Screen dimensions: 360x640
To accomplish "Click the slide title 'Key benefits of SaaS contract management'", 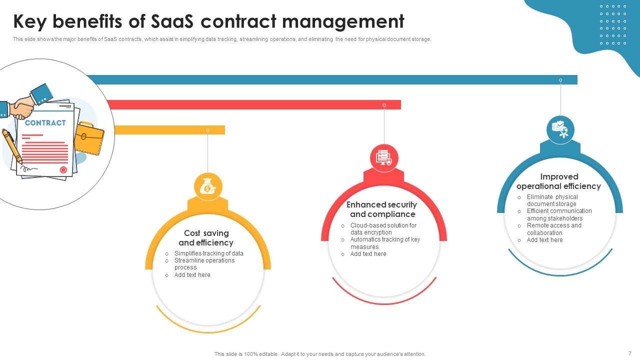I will point(208,21).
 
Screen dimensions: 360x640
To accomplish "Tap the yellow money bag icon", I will point(208,187).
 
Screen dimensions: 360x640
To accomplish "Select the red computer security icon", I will point(384,158).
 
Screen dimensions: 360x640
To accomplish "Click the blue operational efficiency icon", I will point(560,129).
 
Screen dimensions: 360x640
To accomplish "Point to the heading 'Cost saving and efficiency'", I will point(206,238).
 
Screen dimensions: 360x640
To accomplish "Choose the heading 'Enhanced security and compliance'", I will point(382,209).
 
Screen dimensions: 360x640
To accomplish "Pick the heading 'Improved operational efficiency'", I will point(558,181).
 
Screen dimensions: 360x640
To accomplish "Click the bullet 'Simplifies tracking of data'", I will point(208,253).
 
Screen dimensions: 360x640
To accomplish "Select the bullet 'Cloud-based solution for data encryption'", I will point(383,229).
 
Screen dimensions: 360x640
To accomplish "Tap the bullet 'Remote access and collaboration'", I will point(554,229).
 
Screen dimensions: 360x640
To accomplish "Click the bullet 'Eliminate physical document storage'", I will point(552,200).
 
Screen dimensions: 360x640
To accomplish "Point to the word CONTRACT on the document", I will point(45,123).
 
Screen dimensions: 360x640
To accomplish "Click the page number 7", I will point(629,353).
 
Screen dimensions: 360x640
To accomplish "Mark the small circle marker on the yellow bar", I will point(208,130).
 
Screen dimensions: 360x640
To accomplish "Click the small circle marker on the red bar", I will point(384,105).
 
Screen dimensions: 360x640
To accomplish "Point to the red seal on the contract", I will point(63,169).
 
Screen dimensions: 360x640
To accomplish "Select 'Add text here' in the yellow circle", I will point(192,275).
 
